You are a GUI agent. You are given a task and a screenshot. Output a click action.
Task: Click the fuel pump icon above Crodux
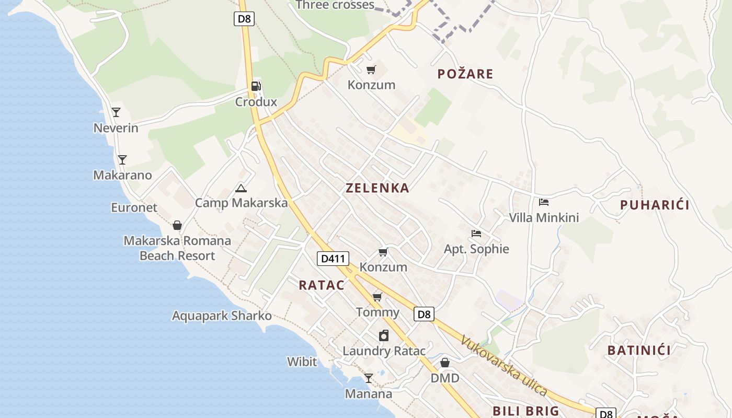(x=256, y=86)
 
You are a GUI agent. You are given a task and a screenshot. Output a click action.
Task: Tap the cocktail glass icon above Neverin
(x=116, y=112)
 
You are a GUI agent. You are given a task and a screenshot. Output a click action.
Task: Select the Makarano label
(x=122, y=175)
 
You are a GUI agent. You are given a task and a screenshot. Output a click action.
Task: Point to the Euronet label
(x=134, y=207)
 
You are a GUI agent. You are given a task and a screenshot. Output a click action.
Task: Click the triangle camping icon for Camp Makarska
(x=241, y=188)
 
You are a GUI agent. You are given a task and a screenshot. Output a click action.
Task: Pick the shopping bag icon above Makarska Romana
(x=177, y=225)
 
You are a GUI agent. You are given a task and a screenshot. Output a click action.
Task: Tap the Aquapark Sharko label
(x=222, y=316)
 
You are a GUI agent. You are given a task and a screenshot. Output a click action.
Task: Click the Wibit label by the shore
(x=302, y=362)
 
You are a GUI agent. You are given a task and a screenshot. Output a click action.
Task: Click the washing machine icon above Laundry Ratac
(x=384, y=335)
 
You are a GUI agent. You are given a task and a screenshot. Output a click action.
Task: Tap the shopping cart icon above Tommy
(x=377, y=297)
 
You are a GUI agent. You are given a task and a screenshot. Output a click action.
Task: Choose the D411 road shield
(x=333, y=258)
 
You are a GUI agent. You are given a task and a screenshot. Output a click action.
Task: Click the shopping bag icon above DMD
(x=445, y=363)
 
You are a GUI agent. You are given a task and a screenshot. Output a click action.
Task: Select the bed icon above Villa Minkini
(x=544, y=202)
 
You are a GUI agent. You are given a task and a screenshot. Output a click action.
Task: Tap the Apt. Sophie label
(x=476, y=249)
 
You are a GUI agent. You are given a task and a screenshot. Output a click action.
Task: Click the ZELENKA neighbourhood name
(x=377, y=188)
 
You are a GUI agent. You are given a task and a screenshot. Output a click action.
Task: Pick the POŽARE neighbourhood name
(x=465, y=74)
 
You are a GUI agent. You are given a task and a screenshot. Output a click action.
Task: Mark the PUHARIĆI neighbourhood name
(x=655, y=205)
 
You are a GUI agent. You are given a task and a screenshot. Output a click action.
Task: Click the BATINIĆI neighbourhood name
(x=639, y=350)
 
